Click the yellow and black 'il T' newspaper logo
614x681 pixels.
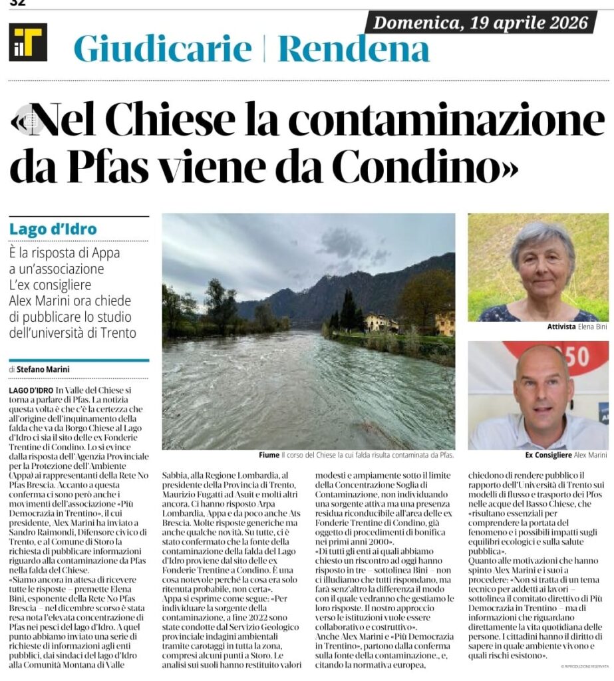pos(28,43)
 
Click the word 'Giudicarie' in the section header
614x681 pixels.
pos(163,49)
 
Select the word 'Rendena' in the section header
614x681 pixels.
pos(353,49)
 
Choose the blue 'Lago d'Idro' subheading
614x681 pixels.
pos(53,229)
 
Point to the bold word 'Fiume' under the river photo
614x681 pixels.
pos(269,456)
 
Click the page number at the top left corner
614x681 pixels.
pos(17,3)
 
